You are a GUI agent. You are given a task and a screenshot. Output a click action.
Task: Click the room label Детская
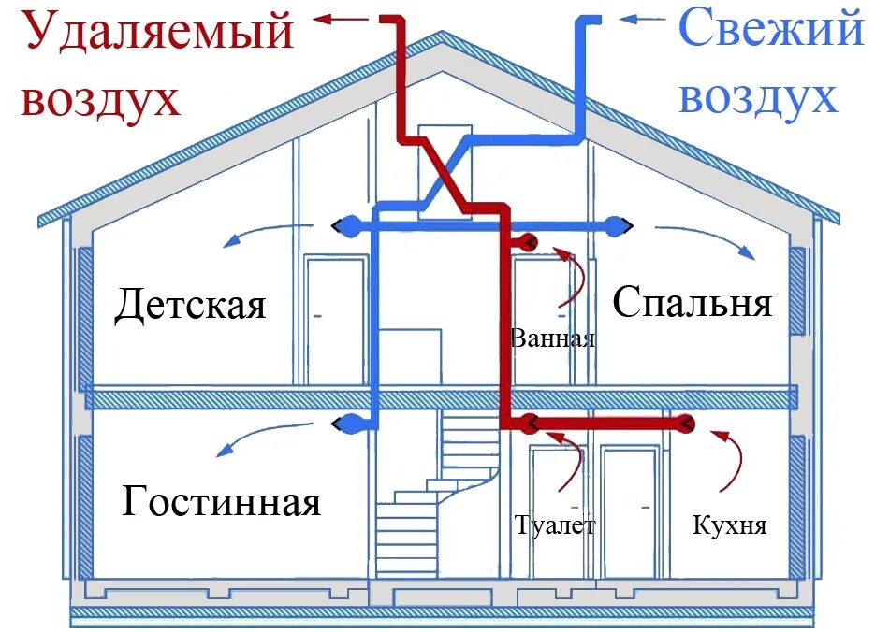(190, 306)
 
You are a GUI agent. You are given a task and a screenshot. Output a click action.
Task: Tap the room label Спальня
(693, 302)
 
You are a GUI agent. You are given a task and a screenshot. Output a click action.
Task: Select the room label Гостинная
(222, 503)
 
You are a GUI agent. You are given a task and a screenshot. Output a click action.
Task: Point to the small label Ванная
(553, 338)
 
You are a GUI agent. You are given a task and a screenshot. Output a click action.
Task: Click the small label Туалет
(554, 525)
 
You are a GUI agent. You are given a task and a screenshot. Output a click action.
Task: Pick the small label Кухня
(730, 525)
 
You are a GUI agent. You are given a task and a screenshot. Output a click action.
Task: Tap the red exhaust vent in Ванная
(527, 243)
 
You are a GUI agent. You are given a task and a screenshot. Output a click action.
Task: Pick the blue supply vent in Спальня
(618, 225)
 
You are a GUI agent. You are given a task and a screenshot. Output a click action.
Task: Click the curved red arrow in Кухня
(731, 458)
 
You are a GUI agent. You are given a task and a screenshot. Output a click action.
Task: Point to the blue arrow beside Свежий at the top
(643, 18)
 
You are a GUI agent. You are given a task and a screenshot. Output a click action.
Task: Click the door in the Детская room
(334, 321)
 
